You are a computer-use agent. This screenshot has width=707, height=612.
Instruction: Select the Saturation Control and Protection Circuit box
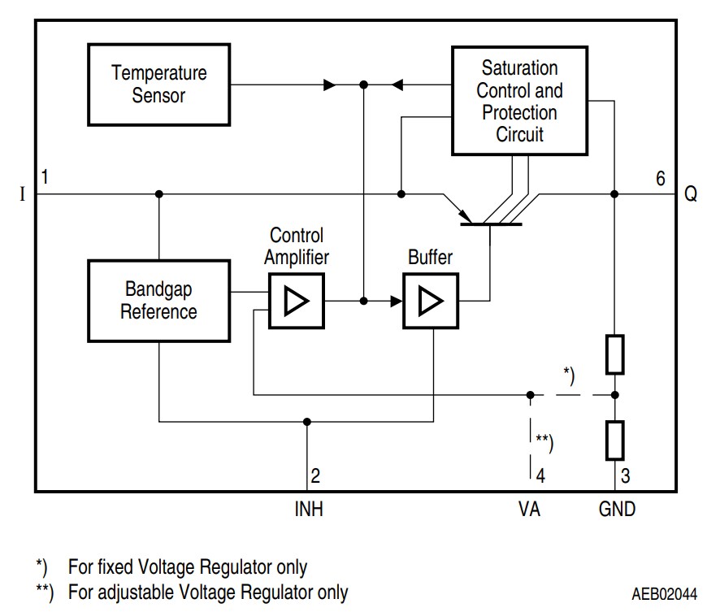click(x=519, y=101)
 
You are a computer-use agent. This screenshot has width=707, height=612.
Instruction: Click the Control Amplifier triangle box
click(x=296, y=302)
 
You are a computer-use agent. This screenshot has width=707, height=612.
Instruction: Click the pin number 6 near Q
click(x=661, y=178)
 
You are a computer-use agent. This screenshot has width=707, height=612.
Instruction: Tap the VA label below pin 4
click(x=530, y=510)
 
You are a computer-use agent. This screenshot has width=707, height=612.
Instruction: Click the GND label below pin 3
click(x=617, y=510)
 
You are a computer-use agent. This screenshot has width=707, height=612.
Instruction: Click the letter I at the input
click(x=21, y=195)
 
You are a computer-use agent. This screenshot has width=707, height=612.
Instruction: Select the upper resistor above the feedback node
click(x=615, y=353)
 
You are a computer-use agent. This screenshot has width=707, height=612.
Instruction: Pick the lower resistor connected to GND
click(x=615, y=441)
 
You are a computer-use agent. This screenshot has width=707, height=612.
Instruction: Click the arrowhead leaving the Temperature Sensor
click(x=328, y=84)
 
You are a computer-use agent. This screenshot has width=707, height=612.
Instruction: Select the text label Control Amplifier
click(x=297, y=246)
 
